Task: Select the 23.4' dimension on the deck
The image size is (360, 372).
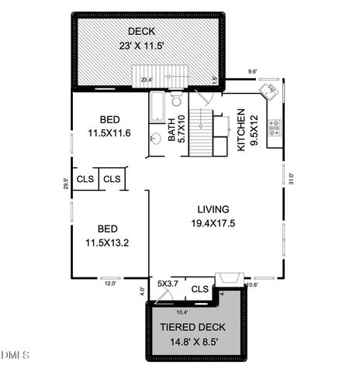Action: [x=147, y=79]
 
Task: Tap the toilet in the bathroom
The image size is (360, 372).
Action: [x=176, y=99]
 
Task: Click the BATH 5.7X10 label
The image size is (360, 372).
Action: [x=176, y=129]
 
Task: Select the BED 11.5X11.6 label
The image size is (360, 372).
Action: [x=109, y=126]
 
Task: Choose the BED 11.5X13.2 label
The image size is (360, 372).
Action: [x=107, y=235]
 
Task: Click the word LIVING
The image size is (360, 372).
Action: [x=213, y=209]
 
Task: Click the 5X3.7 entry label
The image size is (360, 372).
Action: [x=168, y=284]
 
